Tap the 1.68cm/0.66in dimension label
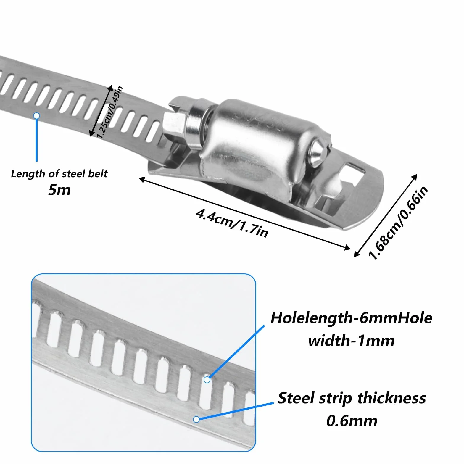coord(398,223)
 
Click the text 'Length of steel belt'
coord(59,174)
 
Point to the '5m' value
coord(59,190)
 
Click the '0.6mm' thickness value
coord(352,421)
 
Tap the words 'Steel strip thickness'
coord(352,398)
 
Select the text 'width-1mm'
coord(351,341)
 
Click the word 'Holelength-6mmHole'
coord(351,318)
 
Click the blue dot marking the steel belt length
coord(36,116)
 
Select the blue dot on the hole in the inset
coord(207,379)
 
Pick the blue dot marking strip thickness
coord(196,419)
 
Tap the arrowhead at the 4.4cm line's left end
coord(142,179)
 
